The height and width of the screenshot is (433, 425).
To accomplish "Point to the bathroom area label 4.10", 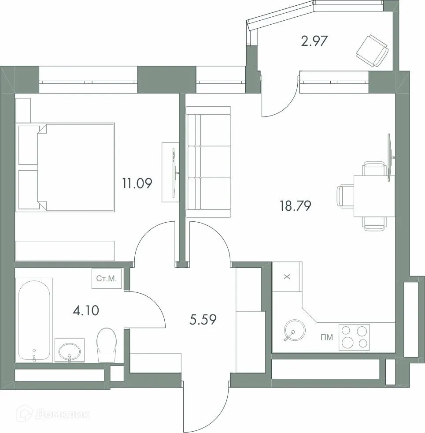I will (x=85, y=310).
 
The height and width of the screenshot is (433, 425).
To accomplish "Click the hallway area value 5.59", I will (x=203, y=319).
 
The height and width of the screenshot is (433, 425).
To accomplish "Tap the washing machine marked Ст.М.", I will (x=106, y=279).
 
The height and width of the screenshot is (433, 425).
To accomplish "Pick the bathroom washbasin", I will (x=70, y=351).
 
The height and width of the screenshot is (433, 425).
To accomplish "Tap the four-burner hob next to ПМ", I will (x=354, y=337).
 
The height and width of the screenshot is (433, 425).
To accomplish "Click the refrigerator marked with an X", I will (x=287, y=276).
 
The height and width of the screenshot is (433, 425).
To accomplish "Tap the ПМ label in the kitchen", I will (x=327, y=338).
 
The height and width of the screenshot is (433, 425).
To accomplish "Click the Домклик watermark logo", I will (x=53, y=414).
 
